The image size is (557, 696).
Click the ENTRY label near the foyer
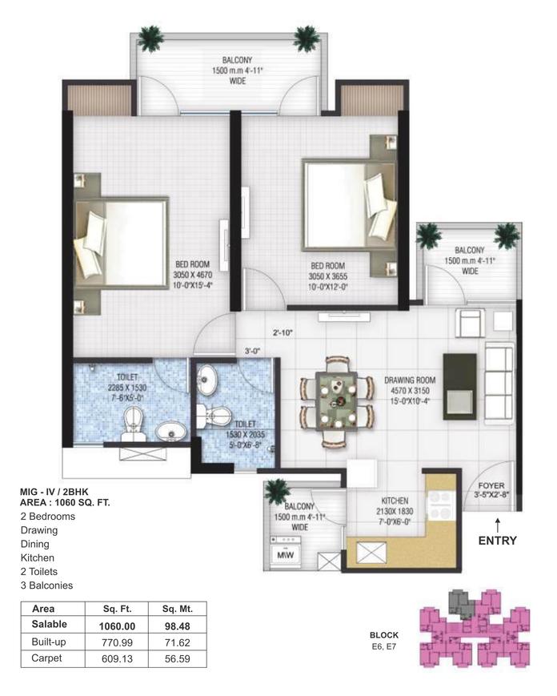[497, 541]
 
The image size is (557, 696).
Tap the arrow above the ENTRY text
[498, 525]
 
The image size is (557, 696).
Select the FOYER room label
[491, 485]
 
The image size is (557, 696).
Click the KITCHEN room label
[395, 501]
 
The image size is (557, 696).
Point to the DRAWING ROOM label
[410, 380]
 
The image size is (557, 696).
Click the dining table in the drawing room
[336, 400]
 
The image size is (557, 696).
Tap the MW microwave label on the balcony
[285, 555]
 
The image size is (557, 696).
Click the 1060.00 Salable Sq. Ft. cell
[117, 626]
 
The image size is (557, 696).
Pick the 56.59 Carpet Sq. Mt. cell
[178, 658]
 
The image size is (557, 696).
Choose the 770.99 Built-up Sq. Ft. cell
[117, 642]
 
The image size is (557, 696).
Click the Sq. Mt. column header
[178, 609]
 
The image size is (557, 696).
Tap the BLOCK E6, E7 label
[384, 641]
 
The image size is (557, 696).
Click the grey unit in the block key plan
[462, 604]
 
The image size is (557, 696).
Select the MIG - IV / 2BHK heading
[54, 492]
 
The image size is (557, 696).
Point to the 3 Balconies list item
[46, 585]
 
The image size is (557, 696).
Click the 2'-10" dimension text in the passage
[283, 332]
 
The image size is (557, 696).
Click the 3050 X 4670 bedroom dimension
[192, 276]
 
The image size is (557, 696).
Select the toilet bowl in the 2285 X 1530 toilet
[134, 424]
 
